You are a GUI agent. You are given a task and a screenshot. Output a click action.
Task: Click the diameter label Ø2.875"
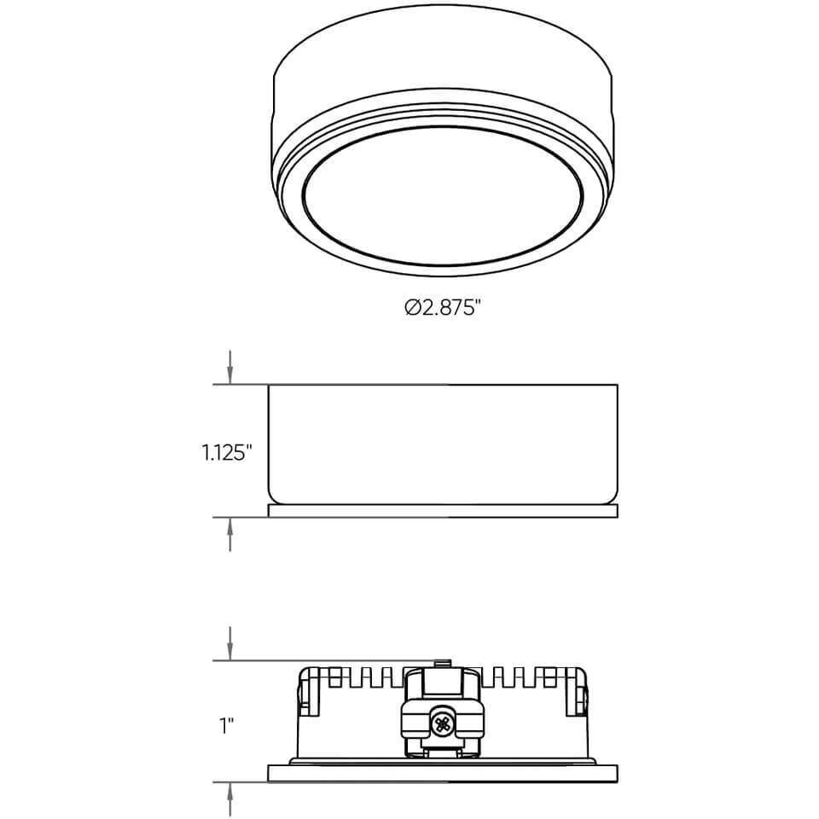click(444, 307)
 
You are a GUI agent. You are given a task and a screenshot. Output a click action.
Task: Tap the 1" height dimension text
click(225, 725)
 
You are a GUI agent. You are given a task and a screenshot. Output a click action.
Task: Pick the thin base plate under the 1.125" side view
click(443, 510)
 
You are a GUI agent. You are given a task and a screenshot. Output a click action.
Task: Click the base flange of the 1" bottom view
click(443, 773)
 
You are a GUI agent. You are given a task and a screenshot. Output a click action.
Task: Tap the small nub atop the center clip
click(442, 663)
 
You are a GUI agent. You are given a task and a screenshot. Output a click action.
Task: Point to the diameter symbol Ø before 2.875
click(411, 307)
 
